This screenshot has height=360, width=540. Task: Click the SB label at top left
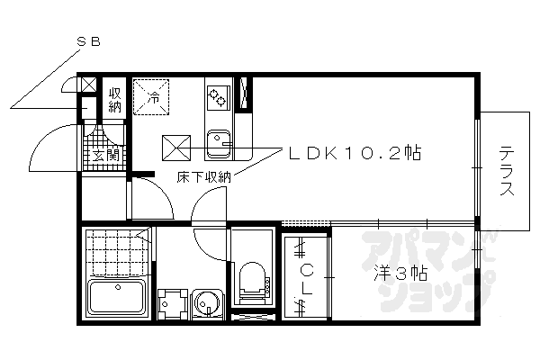coord(87,41)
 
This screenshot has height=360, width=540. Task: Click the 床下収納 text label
coord(203,177)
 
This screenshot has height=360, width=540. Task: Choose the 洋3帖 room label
coord(395,272)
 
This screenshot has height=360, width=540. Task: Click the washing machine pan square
coord(170,304)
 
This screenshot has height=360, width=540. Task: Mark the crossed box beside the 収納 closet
coord(88,85)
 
